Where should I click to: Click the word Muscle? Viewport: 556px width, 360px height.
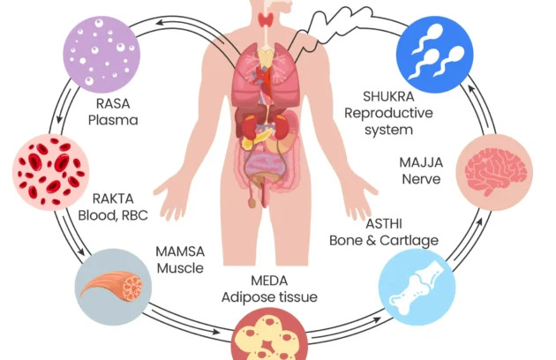(180, 267)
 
